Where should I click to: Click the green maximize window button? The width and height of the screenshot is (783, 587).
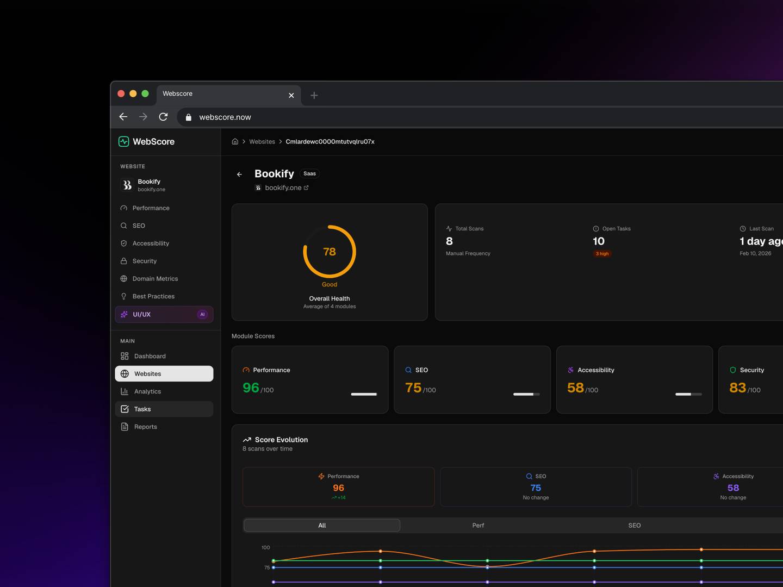pyautogui.click(x=145, y=93)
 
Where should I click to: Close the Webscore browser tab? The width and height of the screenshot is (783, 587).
pyautogui.click(x=291, y=96)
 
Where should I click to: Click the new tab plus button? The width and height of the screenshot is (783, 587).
pyautogui.click(x=314, y=96)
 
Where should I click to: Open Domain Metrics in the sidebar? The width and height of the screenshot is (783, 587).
pyautogui.click(x=155, y=279)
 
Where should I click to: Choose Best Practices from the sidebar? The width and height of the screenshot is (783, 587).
pyautogui.click(x=153, y=296)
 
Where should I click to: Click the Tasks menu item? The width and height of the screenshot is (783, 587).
pyautogui.click(x=142, y=409)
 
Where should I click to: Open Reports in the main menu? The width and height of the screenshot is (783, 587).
pyautogui.click(x=145, y=427)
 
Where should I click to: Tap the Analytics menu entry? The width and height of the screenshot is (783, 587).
pyautogui.click(x=147, y=391)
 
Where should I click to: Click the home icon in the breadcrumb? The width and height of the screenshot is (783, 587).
pyautogui.click(x=235, y=142)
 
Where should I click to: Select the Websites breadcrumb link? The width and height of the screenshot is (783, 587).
pyautogui.click(x=262, y=142)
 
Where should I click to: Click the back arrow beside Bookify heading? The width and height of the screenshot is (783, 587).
pyautogui.click(x=239, y=174)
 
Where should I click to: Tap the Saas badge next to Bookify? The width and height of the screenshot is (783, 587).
pyautogui.click(x=309, y=174)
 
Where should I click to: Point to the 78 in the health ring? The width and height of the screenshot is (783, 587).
pyautogui.click(x=330, y=252)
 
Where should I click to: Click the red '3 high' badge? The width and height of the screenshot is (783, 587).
pyautogui.click(x=602, y=254)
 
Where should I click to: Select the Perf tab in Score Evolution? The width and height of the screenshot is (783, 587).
pyautogui.click(x=478, y=526)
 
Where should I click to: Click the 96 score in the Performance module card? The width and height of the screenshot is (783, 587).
pyautogui.click(x=251, y=388)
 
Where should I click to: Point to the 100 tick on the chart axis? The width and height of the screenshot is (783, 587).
pyautogui.click(x=265, y=547)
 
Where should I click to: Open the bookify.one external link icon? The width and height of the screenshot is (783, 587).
pyautogui.click(x=306, y=188)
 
